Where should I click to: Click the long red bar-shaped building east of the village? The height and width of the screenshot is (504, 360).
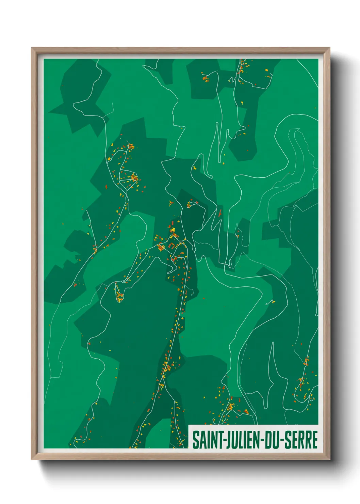tap(220, 214)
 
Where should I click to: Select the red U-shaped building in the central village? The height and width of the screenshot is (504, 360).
tap(172, 246)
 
